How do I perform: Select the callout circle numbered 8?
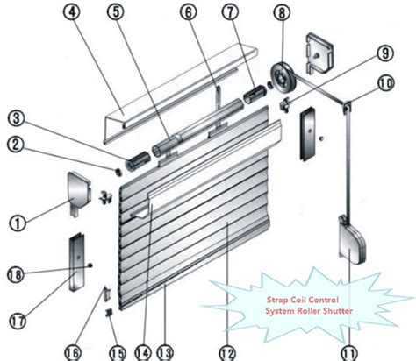[280, 14]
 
